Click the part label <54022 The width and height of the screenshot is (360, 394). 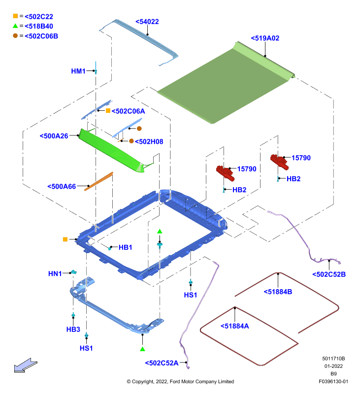click(147, 22)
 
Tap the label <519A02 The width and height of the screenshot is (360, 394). click(265, 38)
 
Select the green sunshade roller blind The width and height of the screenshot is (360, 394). click(226, 83)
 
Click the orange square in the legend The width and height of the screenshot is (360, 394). click(15, 16)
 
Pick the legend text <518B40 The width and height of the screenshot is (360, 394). click(39, 26)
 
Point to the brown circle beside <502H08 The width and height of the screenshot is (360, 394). click(131, 141)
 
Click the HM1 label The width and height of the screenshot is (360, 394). click(78, 71)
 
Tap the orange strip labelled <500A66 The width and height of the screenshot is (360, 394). click(98, 181)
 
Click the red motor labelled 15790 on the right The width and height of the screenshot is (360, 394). click(279, 162)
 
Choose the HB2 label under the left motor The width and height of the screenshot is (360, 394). click(239, 190)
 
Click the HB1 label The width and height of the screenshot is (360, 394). click(126, 247)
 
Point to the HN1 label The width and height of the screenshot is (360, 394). click(55, 274)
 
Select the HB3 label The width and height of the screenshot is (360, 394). click(73, 329)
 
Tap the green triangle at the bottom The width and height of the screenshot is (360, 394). click(142, 349)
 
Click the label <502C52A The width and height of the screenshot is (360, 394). click(162, 363)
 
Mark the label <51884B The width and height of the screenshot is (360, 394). click(278, 292)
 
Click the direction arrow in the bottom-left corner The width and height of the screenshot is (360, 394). click(26, 365)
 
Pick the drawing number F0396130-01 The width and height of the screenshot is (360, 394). click(333, 381)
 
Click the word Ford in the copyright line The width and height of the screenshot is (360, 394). click(175, 381)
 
